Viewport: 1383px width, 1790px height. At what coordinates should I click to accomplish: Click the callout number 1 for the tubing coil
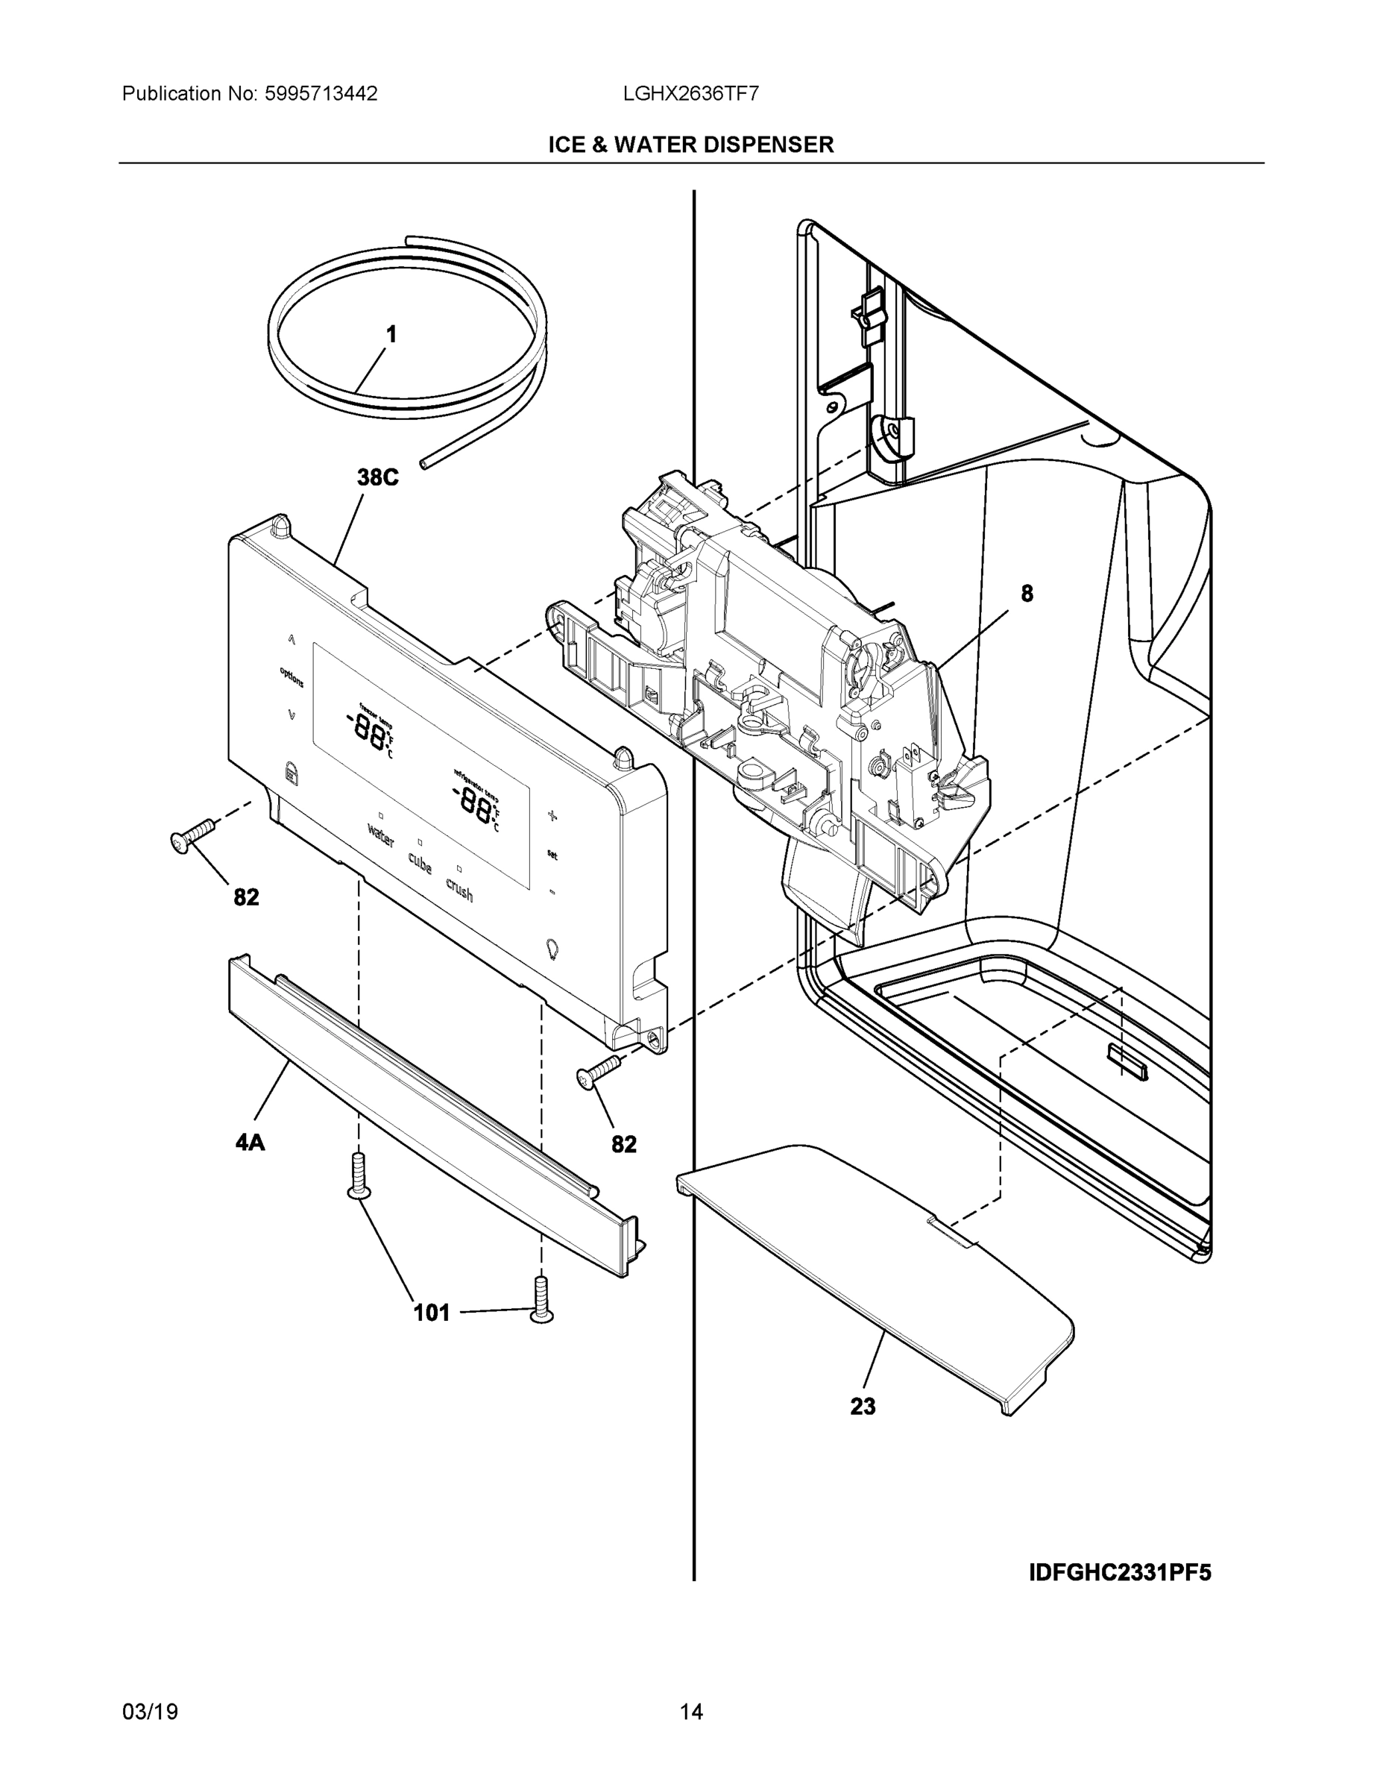pos(391,334)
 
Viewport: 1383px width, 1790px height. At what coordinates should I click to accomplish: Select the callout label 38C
pos(378,478)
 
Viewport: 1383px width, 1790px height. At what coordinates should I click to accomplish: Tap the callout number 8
pos(1027,594)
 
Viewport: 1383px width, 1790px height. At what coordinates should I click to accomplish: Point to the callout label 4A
pos(250,1143)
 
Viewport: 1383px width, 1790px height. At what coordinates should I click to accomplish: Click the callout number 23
pos(863,1407)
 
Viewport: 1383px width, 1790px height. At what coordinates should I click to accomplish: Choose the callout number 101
pos(432,1313)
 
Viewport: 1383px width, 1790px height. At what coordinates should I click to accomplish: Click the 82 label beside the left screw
pos(247,897)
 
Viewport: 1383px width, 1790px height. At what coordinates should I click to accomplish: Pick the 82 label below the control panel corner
pos(624,1144)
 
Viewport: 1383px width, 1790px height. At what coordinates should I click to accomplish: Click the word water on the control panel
pos(381,836)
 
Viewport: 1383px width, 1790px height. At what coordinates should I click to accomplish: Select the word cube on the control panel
pos(420,862)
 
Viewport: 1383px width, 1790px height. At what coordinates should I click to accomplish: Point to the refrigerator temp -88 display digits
pos(473,801)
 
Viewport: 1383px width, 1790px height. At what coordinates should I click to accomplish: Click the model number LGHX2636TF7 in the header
pos(690,93)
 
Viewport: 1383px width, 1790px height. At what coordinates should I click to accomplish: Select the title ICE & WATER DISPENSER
pos(690,145)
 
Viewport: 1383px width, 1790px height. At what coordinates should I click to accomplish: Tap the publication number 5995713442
pos(321,93)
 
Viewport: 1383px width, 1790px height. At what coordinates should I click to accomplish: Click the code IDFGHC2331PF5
pos(1119,1573)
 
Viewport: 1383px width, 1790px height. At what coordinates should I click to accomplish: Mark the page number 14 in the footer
pos(690,1712)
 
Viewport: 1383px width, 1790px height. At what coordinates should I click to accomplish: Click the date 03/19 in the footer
pos(150,1712)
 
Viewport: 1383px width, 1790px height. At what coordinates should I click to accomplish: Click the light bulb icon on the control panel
pos(552,949)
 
